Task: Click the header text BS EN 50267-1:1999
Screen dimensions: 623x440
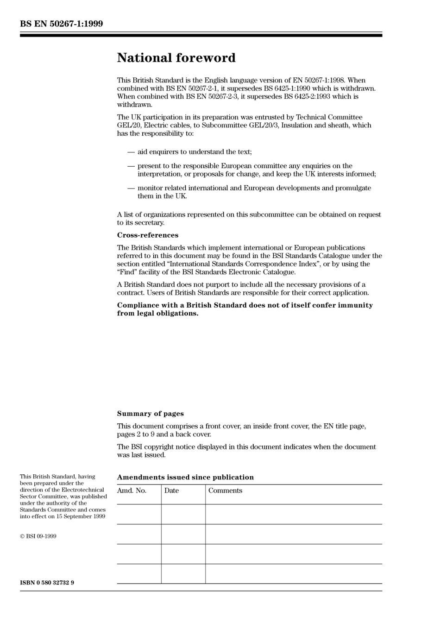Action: tap(62, 24)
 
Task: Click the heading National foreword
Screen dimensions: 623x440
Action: tap(176, 58)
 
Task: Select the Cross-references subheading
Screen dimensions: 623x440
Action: tap(147, 235)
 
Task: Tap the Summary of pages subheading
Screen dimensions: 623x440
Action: tap(150, 414)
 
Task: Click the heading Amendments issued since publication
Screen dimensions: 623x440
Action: tap(185, 477)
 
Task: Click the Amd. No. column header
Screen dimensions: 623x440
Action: tap(132, 491)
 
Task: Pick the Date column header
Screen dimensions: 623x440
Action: tap(171, 491)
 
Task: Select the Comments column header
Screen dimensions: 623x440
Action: tap(225, 491)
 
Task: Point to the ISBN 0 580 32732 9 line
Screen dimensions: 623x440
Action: tap(47, 583)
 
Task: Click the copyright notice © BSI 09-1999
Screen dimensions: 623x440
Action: tap(38, 536)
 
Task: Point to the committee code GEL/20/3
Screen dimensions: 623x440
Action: tap(264, 125)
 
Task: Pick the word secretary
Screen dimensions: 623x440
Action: tap(148, 223)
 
